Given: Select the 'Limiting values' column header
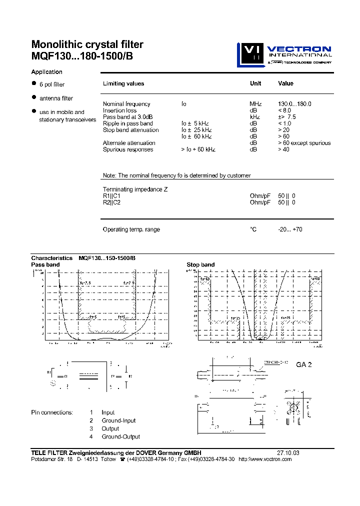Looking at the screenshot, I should click(x=123, y=83).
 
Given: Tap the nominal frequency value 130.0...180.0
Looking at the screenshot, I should click(x=294, y=104).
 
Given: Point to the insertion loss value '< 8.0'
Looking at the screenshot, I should click(x=284, y=110).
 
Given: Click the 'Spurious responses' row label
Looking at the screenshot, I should click(x=128, y=149).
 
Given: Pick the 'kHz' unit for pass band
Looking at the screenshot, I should click(x=254, y=117).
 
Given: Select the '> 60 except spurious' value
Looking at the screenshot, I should click(x=304, y=143).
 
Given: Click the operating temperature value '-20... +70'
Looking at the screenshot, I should click(x=290, y=229).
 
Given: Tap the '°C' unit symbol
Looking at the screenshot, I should click(x=253, y=229).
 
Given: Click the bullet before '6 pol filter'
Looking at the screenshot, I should click(x=34, y=83).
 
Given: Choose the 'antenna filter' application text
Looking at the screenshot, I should click(x=56, y=98).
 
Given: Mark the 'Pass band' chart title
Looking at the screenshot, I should click(x=45, y=264).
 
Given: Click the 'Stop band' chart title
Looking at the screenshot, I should click(x=200, y=264).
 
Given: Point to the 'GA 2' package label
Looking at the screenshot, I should click(x=304, y=364).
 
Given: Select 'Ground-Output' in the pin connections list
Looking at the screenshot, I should click(x=120, y=436).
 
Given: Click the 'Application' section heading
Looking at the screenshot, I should click(x=46, y=72).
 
